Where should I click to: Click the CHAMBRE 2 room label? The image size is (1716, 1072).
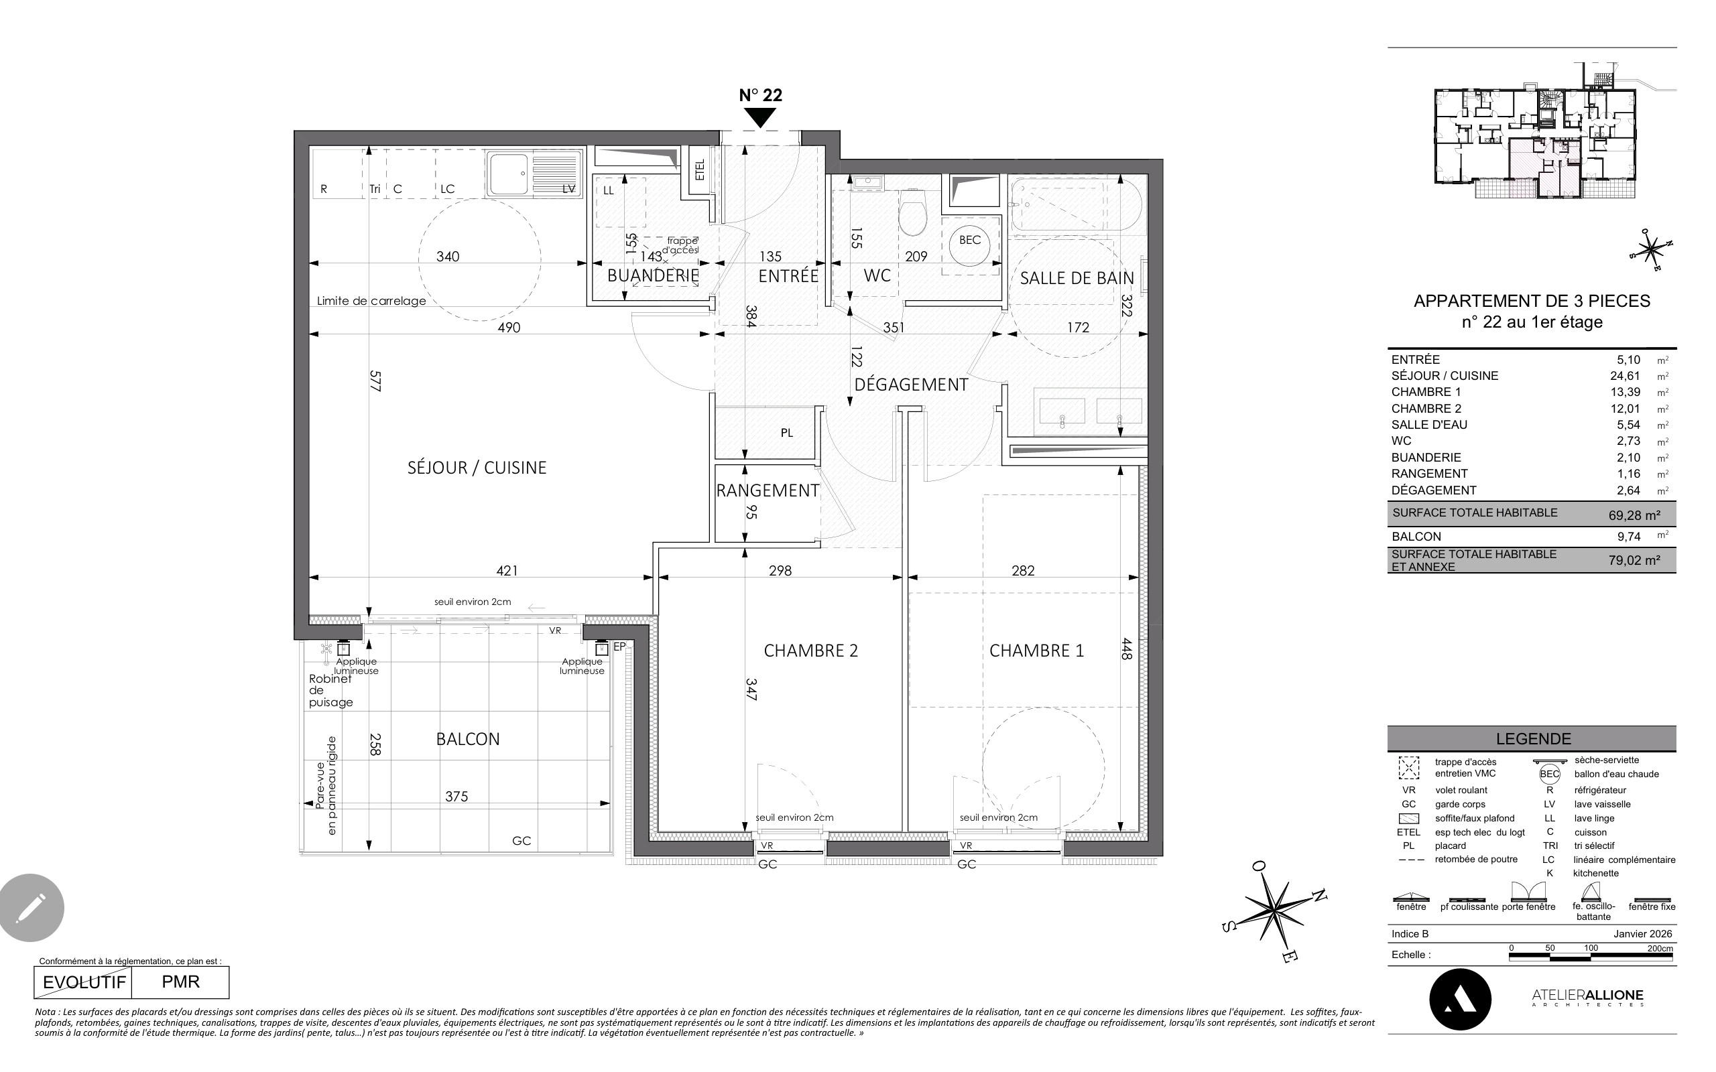tap(810, 651)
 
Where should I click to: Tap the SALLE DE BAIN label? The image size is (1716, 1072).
tap(1077, 279)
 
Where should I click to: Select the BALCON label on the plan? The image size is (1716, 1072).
tap(468, 740)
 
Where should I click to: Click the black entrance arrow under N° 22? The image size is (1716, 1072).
tap(761, 118)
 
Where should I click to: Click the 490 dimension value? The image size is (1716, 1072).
tap(509, 328)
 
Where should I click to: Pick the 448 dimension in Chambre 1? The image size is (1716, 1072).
tap(1126, 648)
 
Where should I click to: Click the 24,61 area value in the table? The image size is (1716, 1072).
tap(1625, 377)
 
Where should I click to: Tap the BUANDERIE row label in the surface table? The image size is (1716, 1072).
tap(1426, 458)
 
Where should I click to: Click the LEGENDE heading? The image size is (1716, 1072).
tap(1533, 739)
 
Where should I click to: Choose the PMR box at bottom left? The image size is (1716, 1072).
tap(181, 983)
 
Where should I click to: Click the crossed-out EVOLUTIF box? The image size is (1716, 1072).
tap(84, 983)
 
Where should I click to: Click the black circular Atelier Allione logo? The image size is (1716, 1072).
tap(1460, 1000)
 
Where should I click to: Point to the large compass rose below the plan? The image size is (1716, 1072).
tap(1275, 911)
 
